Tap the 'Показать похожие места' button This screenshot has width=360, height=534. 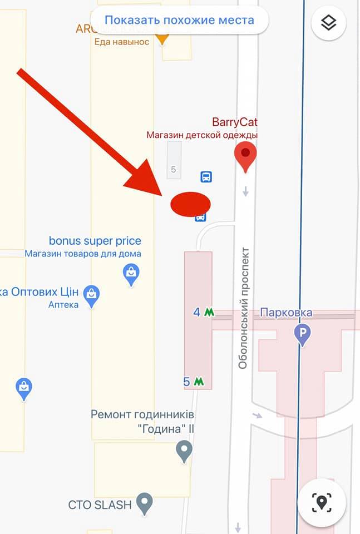[x=179, y=21]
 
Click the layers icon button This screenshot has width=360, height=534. [x=329, y=23]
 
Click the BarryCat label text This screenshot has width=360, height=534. [x=235, y=122]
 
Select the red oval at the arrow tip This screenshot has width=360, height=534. [x=190, y=204]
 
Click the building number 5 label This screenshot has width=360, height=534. [x=174, y=170]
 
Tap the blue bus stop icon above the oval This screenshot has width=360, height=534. [x=206, y=177]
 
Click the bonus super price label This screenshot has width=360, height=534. [x=95, y=241]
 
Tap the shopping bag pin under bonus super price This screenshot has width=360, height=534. [x=131, y=274]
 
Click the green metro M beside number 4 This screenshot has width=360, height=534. [x=209, y=312]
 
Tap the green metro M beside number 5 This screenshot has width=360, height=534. [x=199, y=382]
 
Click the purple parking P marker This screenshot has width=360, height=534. [x=303, y=334]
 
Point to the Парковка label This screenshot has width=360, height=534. [x=286, y=313]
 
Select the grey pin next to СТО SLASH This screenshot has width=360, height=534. [x=145, y=503]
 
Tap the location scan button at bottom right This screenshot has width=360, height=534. [x=321, y=502]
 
